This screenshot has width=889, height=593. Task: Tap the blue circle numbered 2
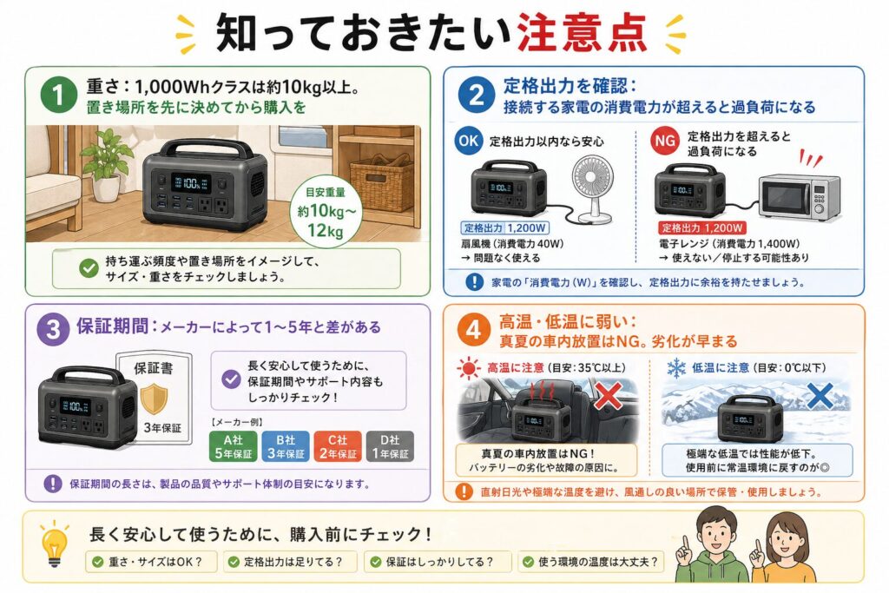(477, 95)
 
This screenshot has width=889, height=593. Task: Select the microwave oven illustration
(800, 196)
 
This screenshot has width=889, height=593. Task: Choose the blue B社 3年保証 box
(285, 445)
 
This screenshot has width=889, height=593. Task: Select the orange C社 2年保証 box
(338, 445)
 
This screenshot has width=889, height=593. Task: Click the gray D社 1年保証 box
(390, 445)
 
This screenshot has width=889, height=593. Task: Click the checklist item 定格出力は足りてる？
(291, 562)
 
